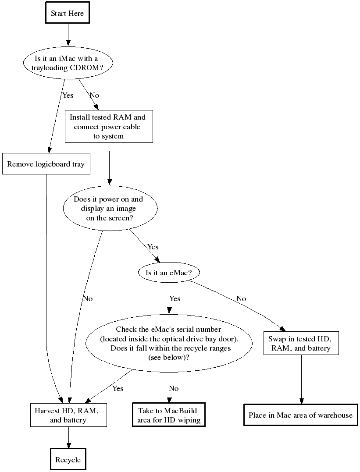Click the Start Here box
coord(68,14)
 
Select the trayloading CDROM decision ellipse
coord(68,63)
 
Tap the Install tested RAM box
coord(109,127)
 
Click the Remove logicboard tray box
coord(46,164)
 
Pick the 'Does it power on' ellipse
coord(108,209)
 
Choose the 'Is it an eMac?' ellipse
coord(168,273)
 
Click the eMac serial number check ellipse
coord(169,343)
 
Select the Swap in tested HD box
coord(301,343)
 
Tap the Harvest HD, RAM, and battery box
coord(68,415)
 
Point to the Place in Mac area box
coord(300,415)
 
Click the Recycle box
coord(68,460)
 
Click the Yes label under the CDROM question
coord(68,95)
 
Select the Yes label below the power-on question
coord(153,247)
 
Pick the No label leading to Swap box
coord(241,298)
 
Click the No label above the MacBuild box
coord(174,388)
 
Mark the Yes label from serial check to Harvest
coord(118,388)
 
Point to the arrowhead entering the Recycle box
coord(68,445)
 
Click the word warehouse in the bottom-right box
coord(336,415)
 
